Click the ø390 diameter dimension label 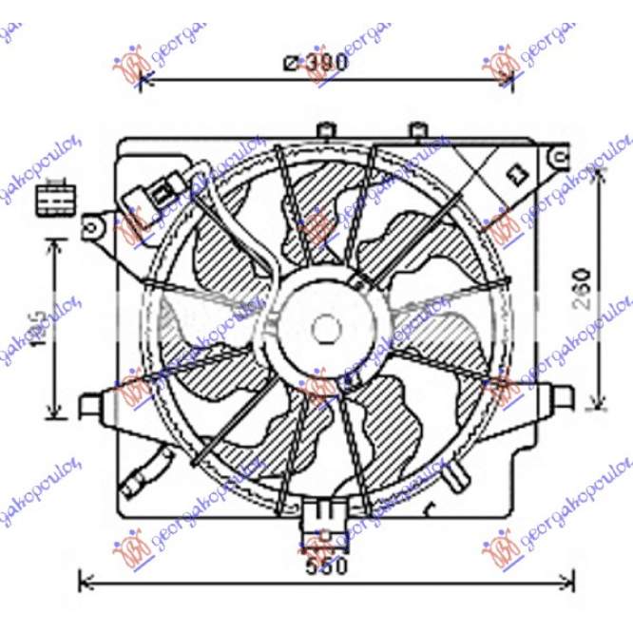click(316, 63)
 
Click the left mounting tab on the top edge click(325, 129)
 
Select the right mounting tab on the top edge click(417, 129)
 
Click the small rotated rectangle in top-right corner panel click(518, 173)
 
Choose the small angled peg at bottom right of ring click(460, 472)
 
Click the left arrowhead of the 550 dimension click(83, 578)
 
